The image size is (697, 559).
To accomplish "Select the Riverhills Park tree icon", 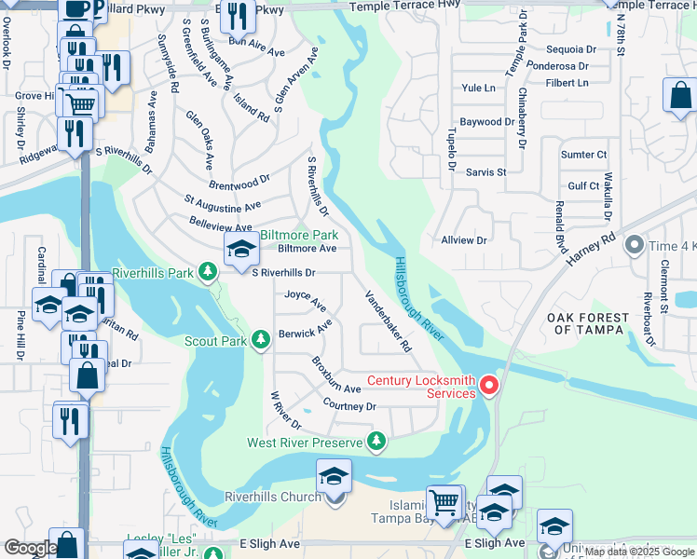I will click(208, 272).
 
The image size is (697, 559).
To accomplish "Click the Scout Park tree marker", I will click(261, 341).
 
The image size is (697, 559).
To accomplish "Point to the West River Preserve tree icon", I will click(376, 442).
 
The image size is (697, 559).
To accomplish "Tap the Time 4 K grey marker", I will click(635, 246).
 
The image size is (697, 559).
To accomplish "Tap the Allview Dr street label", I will click(464, 239).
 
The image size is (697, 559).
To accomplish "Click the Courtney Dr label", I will click(349, 406).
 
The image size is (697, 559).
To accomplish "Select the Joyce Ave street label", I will click(306, 299).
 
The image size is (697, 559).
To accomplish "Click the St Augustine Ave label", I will click(223, 203).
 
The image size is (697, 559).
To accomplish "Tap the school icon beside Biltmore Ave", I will click(240, 249).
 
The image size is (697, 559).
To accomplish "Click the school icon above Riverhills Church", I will click(334, 475).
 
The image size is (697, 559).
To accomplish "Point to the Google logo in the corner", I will click(30, 548).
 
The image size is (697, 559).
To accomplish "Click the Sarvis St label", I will click(485, 172).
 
